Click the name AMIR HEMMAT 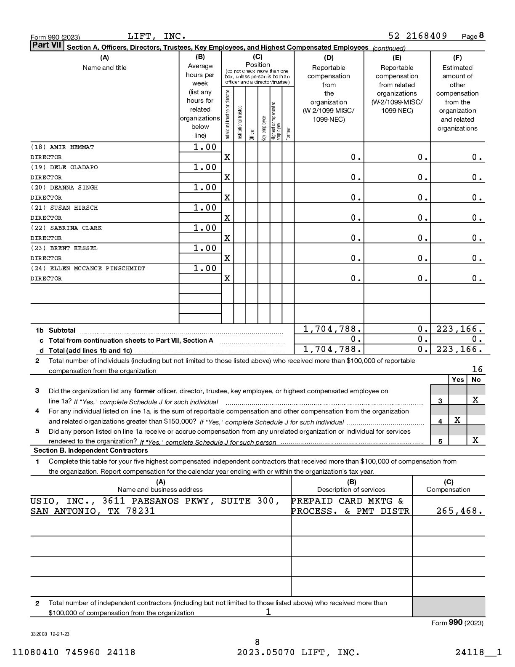click(72, 147)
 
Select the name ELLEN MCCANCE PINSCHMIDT click(97, 269)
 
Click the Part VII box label click(46, 45)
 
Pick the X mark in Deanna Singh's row click(227, 197)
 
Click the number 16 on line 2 click(477, 369)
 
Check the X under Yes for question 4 click(457, 420)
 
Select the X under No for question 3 click(475, 400)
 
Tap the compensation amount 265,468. click(459, 511)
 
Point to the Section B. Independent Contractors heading click(91, 451)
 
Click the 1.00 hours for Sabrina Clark click(205, 228)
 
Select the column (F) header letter click(457, 58)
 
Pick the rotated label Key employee click(264, 128)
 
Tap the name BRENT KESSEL click(74, 248)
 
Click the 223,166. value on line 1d click(459, 349)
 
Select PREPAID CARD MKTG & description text click(348, 501)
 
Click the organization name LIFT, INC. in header click(157, 36)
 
